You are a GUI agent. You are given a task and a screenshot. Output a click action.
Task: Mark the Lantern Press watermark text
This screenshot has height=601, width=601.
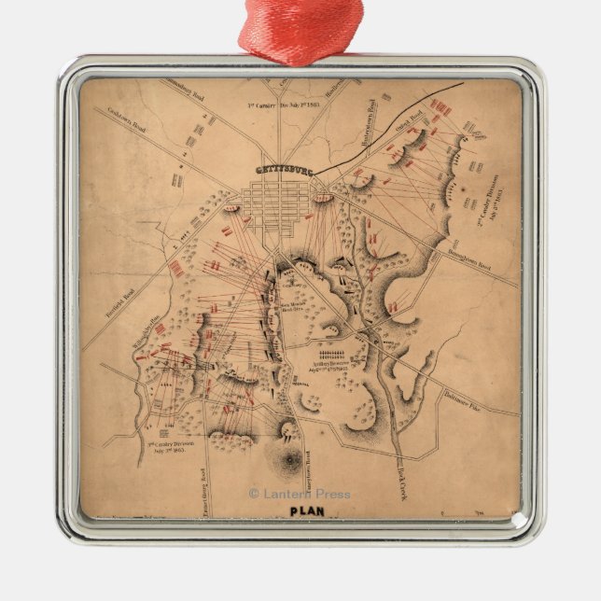(299, 494)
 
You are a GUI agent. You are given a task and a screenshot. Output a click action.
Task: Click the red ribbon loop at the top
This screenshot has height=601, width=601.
(300, 33)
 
